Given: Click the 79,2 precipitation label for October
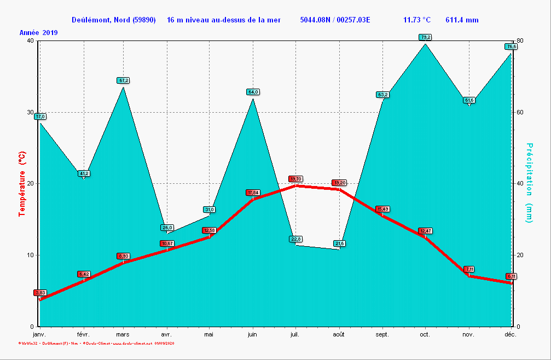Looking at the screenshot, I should click(x=425, y=37).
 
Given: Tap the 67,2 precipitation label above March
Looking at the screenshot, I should click(x=123, y=80).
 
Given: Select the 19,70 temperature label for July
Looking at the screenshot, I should click(x=295, y=179).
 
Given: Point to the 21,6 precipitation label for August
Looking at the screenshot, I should click(x=340, y=243).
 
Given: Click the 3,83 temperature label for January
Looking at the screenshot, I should click(x=40, y=293).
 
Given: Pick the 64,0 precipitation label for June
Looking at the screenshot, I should click(x=253, y=92).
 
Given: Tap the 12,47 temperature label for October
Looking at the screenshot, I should click(x=425, y=231).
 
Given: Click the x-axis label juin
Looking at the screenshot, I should click(x=252, y=334).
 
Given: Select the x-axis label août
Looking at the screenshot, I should click(x=339, y=334).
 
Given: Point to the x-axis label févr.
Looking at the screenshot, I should click(x=83, y=334).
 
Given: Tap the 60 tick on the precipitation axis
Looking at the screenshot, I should click(x=520, y=112).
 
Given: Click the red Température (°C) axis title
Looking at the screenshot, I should click(x=22, y=184).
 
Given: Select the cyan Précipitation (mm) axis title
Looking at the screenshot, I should click(x=529, y=183).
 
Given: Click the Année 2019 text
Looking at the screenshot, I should click(x=38, y=33).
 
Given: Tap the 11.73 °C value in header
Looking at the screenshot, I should click(x=417, y=20).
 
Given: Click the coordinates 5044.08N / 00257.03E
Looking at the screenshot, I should click(x=335, y=20).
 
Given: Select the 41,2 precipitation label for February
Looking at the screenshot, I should click(x=84, y=173).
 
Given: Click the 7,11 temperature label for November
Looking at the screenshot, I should click(x=469, y=269).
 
